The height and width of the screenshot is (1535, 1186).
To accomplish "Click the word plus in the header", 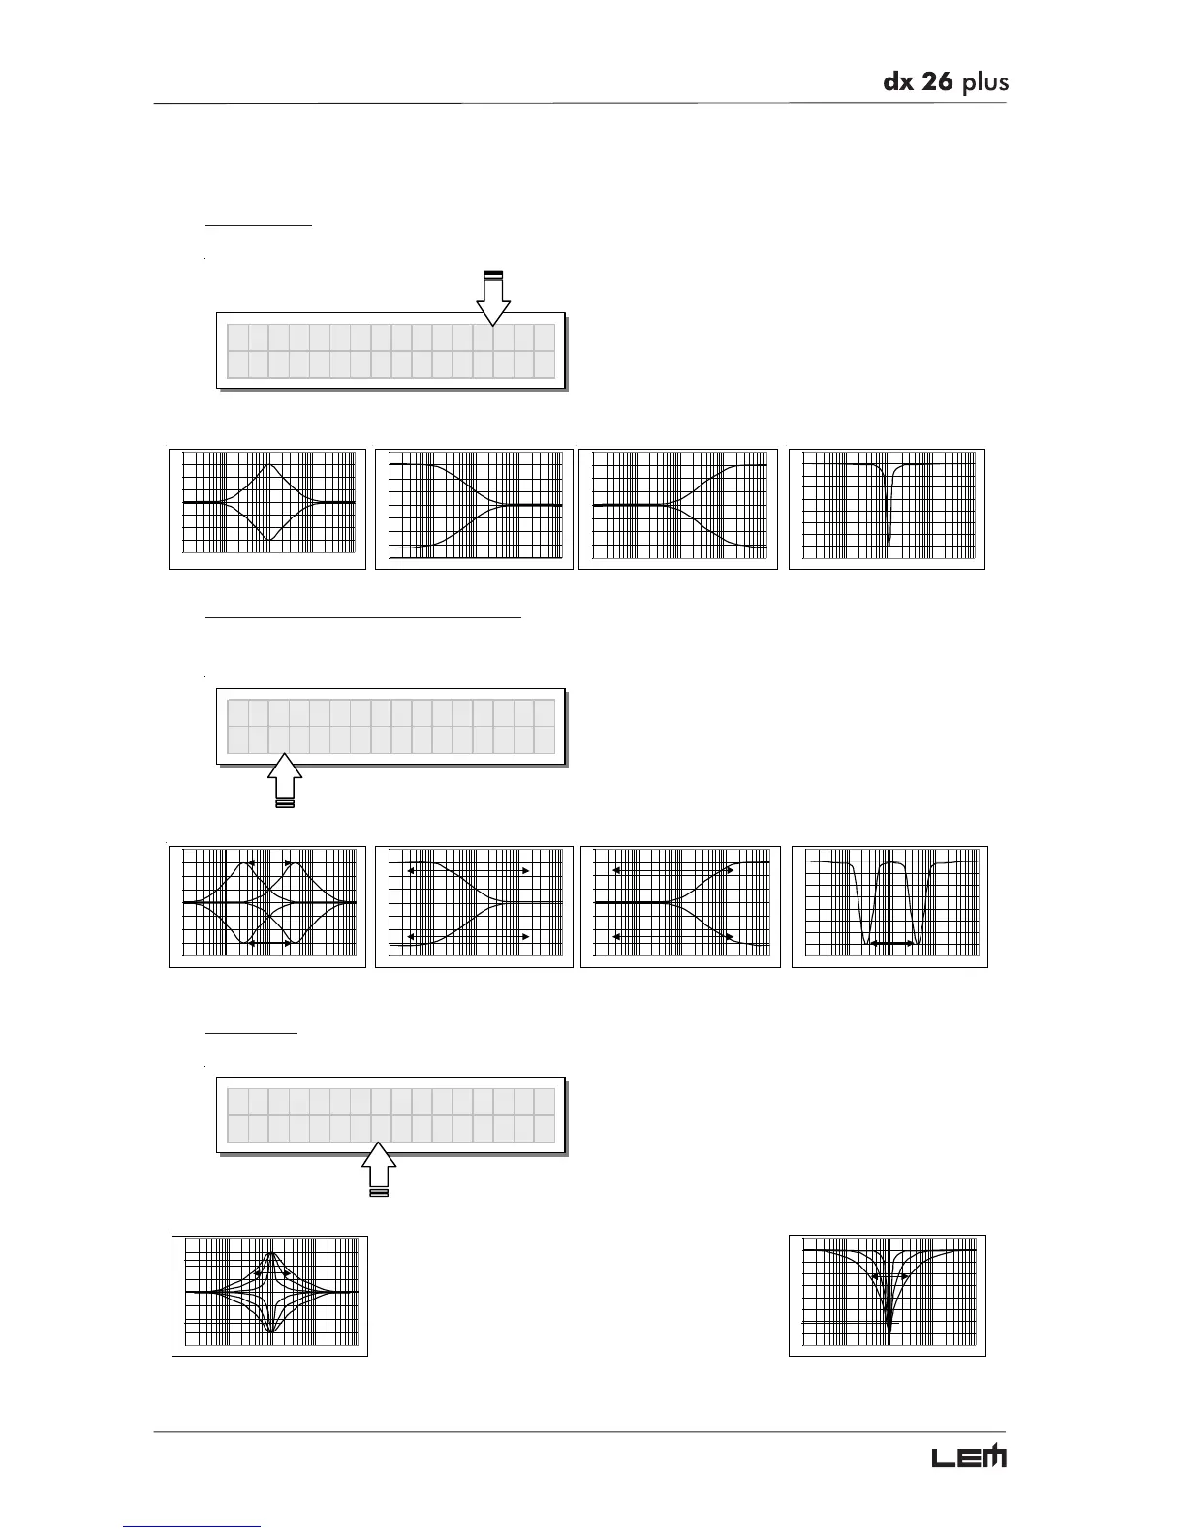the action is pos(984,83).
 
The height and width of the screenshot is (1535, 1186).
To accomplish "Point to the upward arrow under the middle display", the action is pos(285,778).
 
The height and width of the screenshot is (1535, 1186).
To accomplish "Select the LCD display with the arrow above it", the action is pos(390,351).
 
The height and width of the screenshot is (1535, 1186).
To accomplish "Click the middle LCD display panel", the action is pos(390,727).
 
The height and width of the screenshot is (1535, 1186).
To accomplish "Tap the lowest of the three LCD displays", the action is pos(390,1115).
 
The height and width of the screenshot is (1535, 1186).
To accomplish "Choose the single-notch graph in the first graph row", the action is pos(888,509).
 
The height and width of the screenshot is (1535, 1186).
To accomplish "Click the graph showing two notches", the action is pos(889,907).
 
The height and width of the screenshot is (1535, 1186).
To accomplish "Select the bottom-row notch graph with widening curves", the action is pos(888,1296).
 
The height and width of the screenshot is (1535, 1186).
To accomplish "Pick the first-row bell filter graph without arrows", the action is pos(267,509).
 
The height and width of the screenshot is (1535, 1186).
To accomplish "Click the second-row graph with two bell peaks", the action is pos(267,907).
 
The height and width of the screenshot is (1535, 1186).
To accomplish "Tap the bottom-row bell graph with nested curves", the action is pos(269,1296).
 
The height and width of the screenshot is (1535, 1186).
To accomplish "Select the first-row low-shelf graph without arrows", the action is pos(474,509).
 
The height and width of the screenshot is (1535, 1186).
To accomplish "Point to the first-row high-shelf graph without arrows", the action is pos(678,509).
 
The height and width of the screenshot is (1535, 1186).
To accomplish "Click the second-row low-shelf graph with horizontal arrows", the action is pos(474,907).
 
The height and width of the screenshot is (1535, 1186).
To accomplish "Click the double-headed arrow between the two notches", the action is pos(890,943).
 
